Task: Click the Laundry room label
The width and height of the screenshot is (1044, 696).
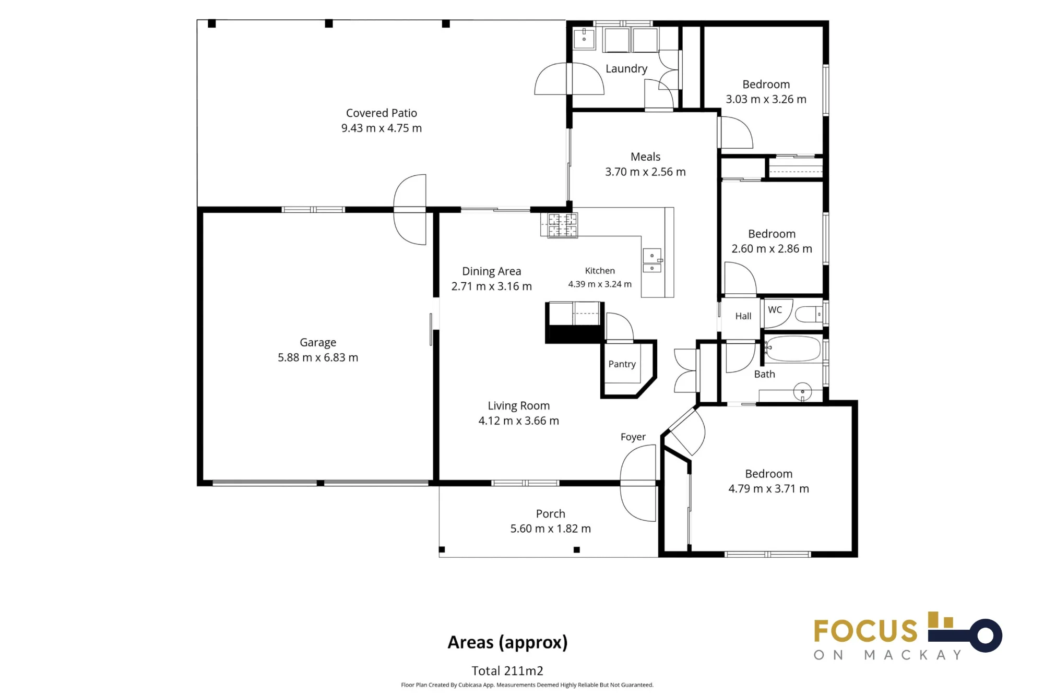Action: (x=626, y=69)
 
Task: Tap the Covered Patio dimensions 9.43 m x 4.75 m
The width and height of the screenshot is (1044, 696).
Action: (x=382, y=128)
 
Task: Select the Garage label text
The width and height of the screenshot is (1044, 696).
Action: (x=318, y=343)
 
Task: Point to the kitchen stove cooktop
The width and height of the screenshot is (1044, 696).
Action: (x=562, y=225)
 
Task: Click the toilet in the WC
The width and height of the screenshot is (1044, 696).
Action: (x=809, y=314)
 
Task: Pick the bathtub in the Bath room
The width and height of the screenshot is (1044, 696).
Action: (x=793, y=349)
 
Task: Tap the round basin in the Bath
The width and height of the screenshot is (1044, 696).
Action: (x=802, y=391)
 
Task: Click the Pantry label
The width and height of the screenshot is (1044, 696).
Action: (x=622, y=364)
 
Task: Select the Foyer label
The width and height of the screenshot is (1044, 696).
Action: (x=633, y=437)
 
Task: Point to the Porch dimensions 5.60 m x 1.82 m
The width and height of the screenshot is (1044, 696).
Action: (x=551, y=529)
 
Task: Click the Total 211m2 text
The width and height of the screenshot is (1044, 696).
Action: (x=507, y=671)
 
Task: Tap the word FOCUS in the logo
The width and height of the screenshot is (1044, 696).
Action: (x=865, y=631)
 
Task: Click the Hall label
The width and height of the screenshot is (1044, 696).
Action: (x=743, y=316)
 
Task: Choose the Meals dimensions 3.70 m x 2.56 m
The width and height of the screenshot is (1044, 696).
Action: (x=645, y=172)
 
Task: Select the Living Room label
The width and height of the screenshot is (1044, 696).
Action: (x=519, y=406)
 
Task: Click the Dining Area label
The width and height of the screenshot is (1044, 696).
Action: (x=492, y=271)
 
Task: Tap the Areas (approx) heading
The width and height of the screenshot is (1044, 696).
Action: (x=507, y=643)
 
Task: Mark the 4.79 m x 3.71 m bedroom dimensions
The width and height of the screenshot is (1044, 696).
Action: (x=769, y=489)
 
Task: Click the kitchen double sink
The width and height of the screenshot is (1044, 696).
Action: (x=652, y=260)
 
